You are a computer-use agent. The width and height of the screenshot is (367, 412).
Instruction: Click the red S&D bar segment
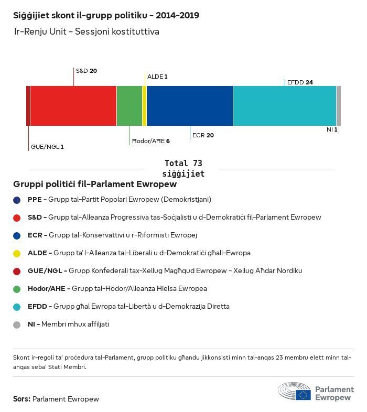click(x=73, y=106)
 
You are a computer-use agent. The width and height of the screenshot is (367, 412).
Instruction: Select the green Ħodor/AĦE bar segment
click(x=129, y=106)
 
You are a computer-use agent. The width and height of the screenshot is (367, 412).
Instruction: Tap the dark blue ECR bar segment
click(x=190, y=106)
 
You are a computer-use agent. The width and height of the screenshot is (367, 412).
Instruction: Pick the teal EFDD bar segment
click(x=284, y=106)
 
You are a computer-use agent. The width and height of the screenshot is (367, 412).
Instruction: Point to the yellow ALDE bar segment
click(x=144, y=106)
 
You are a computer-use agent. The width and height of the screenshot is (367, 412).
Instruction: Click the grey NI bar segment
click(x=339, y=106)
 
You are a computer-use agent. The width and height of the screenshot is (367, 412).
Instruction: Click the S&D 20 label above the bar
click(x=87, y=70)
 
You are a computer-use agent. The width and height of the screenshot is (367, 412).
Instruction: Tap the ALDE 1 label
click(x=157, y=77)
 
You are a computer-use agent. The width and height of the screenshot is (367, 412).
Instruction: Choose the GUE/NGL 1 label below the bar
click(x=47, y=147)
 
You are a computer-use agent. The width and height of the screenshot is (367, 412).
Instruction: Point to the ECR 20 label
click(x=203, y=135)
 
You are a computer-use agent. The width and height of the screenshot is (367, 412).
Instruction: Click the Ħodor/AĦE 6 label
click(x=150, y=141)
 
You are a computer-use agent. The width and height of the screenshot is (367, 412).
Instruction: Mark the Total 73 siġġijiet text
click(x=183, y=168)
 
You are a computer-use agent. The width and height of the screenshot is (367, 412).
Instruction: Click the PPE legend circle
click(x=17, y=200)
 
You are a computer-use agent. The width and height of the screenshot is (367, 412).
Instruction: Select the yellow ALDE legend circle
click(x=17, y=253)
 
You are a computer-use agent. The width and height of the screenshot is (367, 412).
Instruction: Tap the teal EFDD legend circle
click(x=17, y=307)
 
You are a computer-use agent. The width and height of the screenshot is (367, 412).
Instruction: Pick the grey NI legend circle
click(x=17, y=324)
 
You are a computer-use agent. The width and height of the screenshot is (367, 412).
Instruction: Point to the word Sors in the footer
click(x=21, y=399)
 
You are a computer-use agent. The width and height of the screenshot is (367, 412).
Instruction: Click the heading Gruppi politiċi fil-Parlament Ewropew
click(x=95, y=185)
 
